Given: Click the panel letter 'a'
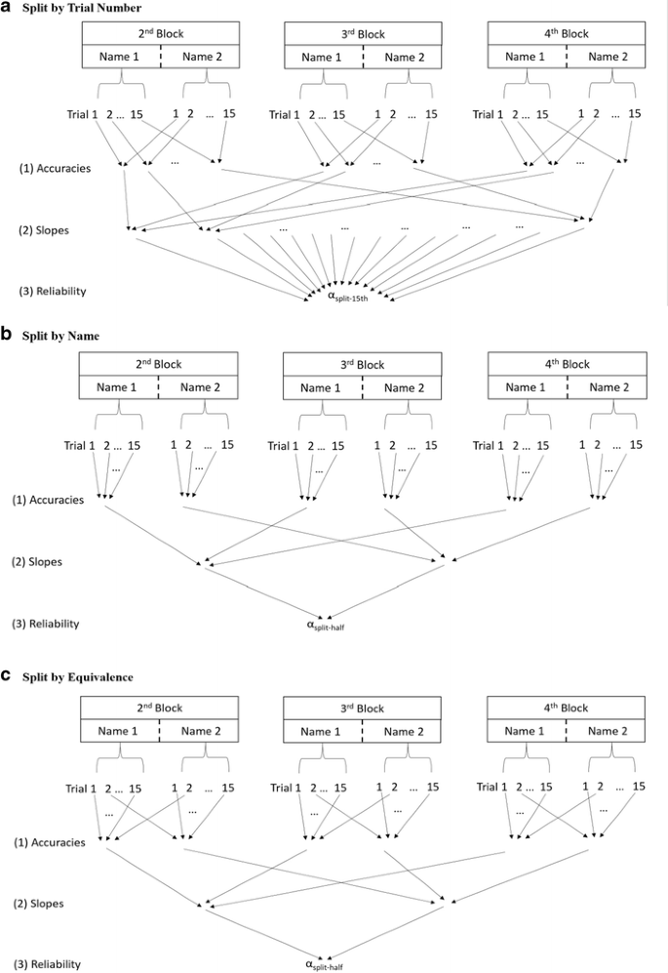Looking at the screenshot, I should [x=7, y=8].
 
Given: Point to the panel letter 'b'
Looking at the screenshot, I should [x=7, y=334].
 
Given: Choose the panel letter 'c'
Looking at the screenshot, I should [x=7, y=675].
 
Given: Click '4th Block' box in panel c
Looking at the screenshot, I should [x=561, y=708].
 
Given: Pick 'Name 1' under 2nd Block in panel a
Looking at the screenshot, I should [x=118, y=57].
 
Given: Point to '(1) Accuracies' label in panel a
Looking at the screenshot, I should [x=55, y=168].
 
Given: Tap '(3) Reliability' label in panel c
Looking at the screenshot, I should [x=49, y=965].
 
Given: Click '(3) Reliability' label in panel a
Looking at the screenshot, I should [x=49, y=291].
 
